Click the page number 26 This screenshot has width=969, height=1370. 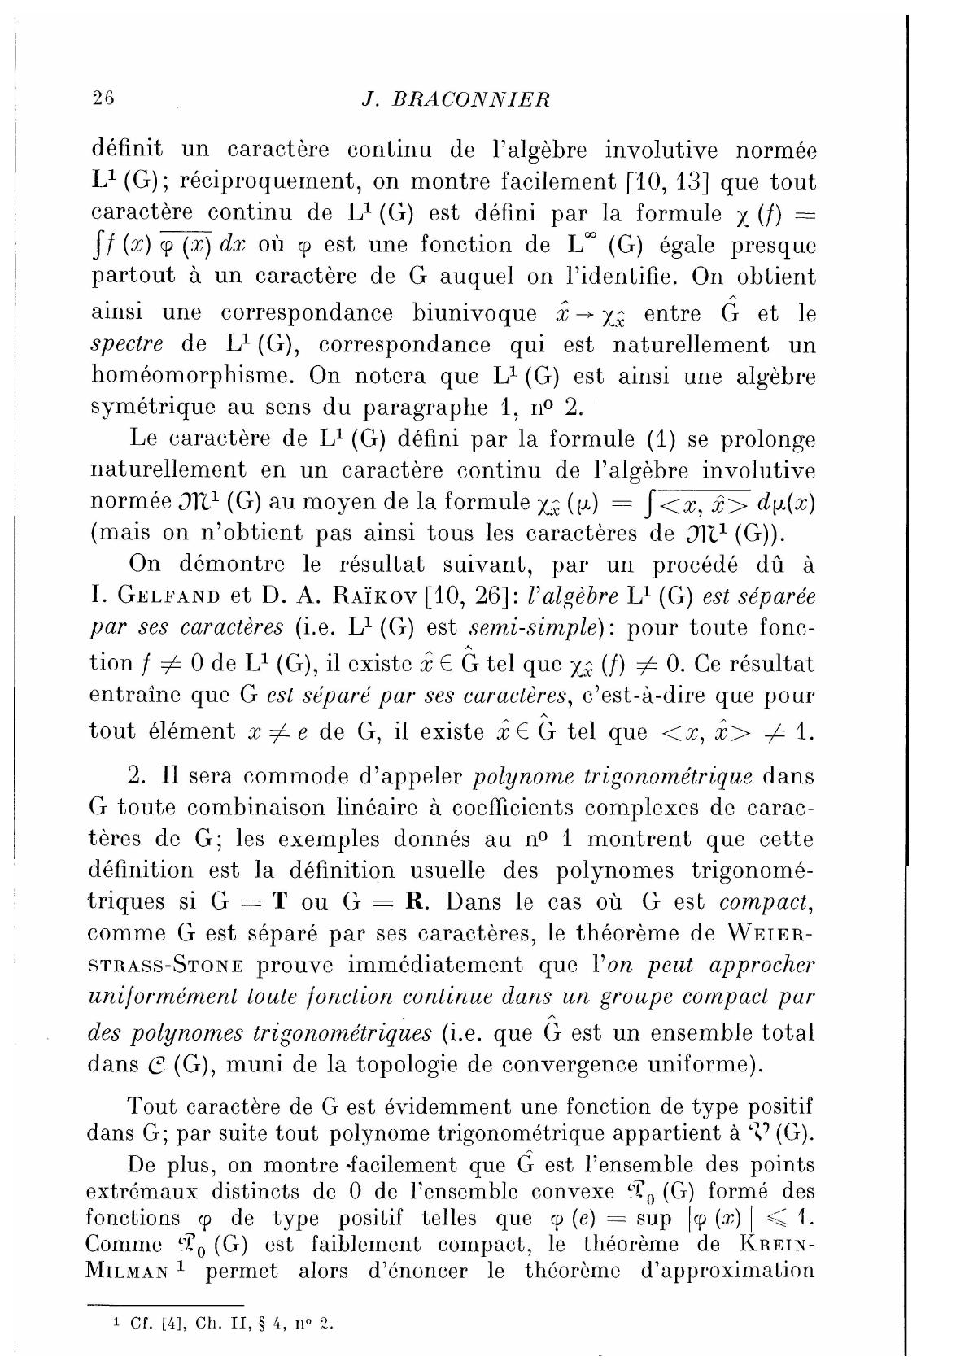(x=104, y=98)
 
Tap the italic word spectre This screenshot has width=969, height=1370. (x=125, y=345)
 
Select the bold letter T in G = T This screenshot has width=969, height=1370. (x=280, y=902)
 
